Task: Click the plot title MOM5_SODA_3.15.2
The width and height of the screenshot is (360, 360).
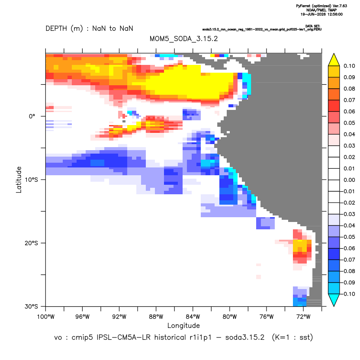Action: pos(183,39)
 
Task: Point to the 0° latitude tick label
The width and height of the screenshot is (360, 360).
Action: pos(32,116)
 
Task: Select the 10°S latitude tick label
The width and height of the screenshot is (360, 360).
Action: pos(31,180)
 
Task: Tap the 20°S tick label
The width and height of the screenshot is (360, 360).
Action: pos(31,243)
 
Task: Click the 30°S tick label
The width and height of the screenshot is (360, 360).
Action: pos(31,306)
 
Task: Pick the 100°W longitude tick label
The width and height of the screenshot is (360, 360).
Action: pos(46,317)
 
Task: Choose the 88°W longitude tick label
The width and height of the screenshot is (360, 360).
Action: pos(156,317)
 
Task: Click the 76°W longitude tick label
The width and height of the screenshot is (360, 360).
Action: pos(267,317)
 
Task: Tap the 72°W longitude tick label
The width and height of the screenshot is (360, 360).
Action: pos(303,317)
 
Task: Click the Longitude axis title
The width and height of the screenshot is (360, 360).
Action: pos(183,326)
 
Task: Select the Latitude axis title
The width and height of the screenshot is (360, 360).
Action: pos(19,180)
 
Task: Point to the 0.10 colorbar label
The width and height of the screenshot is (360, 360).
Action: pos(349,66)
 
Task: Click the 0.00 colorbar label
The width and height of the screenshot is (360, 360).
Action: pos(349,180)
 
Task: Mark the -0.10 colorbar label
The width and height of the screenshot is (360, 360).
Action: pos(348,294)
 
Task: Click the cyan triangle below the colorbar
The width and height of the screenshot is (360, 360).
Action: pos(334,299)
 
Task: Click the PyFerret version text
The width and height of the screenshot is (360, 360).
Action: pos(321,6)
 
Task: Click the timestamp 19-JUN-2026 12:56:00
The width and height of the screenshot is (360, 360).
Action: pos(321,14)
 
